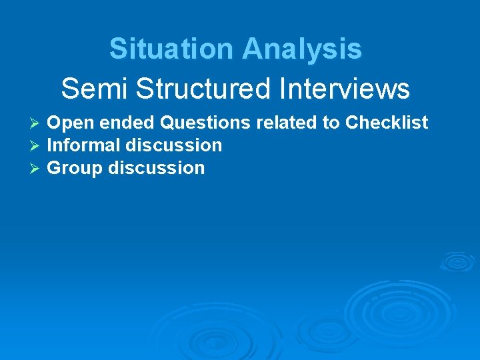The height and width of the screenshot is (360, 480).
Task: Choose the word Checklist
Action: tap(387, 123)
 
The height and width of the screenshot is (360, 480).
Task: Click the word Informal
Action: tap(85, 145)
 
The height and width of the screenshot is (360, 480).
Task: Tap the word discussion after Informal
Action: tap(174, 145)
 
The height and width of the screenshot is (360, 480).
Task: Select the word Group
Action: tap(75, 168)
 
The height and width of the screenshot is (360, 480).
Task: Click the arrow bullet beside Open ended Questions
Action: tap(37, 124)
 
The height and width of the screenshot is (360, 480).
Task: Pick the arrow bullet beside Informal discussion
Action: tap(37, 146)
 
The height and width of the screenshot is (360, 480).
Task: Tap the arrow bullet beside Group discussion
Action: tap(37, 169)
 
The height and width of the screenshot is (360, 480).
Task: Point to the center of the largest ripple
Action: tap(398, 307)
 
